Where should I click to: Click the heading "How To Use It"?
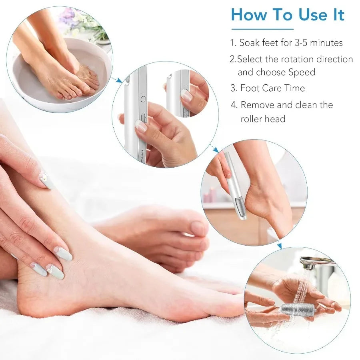tap(287, 15)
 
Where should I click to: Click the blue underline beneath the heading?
tap(262, 29)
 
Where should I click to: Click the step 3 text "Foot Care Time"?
tap(272, 88)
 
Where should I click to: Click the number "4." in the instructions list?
tap(234, 105)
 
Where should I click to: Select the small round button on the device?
tap(142, 98)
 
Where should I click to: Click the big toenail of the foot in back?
tap(198, 228)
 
